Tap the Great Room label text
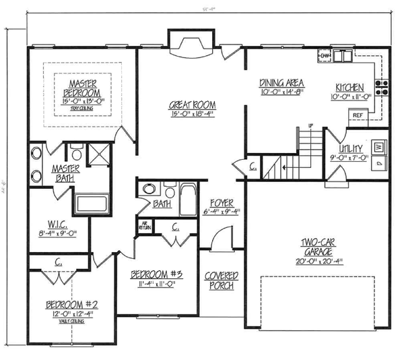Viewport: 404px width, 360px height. click(x=192, y=105)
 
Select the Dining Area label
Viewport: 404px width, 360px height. click(x=281, y=83)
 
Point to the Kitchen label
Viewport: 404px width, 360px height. click(x=350, y=88)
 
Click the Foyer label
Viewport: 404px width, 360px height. click(x=220, y=202)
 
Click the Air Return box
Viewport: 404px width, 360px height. click(x=144, y=226)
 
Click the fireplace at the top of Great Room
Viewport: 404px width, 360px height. click(x=191, y=44)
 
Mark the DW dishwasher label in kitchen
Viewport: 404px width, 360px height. click(x=324, y=55)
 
